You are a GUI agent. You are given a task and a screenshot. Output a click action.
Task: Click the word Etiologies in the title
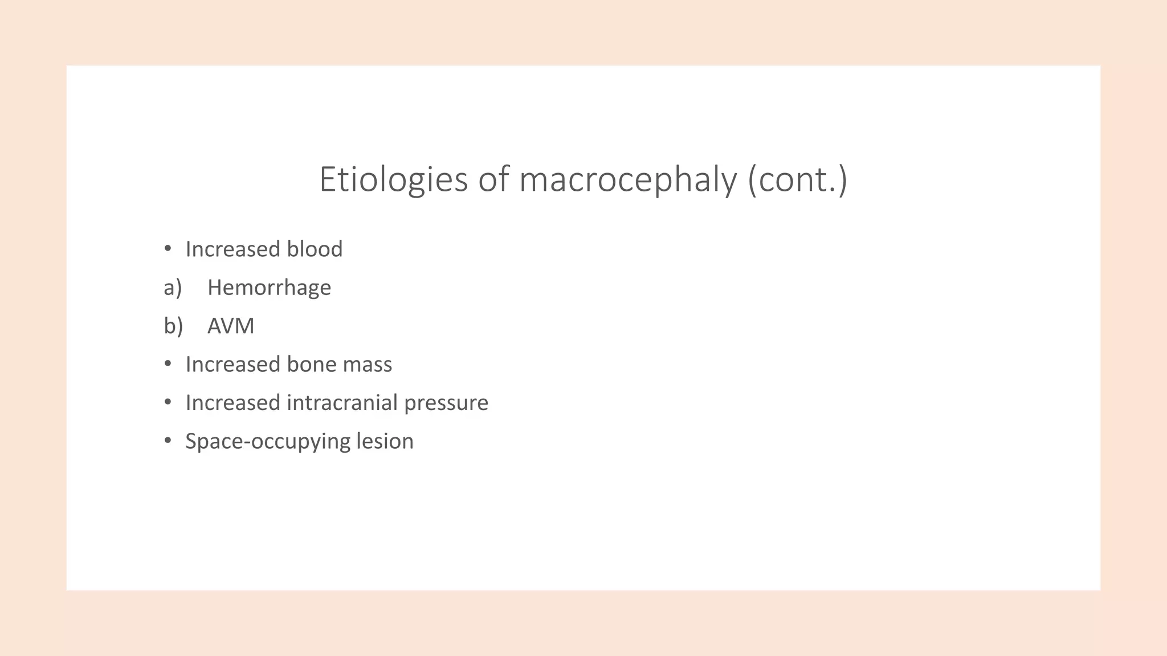tap(393, 179)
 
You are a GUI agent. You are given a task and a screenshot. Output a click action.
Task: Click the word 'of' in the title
tap(493, 179)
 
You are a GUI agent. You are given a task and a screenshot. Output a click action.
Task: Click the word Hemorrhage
tap(269, 288)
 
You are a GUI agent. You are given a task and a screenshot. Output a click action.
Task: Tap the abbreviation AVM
tap(231, 326)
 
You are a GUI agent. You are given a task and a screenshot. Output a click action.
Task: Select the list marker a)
tap(173, 288)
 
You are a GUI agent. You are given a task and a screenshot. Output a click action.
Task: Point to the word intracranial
tap(342, 403)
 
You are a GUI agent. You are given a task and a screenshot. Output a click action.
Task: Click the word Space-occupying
tap(267, 442)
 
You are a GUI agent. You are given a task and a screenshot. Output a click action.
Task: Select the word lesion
tap(385, 441)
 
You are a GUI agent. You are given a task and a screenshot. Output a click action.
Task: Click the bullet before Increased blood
tap(168, 249)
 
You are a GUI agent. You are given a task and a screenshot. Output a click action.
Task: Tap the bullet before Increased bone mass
tap(168, 364)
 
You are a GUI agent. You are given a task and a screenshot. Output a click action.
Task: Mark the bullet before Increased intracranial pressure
tap(168, 402)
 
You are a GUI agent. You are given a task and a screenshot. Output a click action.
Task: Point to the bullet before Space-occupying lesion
tap(168, 441)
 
